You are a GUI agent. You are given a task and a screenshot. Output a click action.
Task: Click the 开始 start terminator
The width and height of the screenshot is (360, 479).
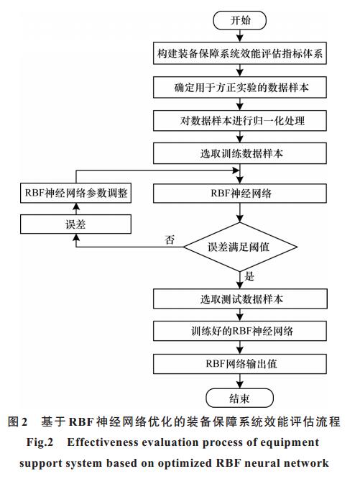point(240,20)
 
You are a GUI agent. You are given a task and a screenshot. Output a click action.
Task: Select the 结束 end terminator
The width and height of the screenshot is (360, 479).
point(240,398)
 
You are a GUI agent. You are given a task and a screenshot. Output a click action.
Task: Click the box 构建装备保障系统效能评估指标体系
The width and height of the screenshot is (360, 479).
point(240,53)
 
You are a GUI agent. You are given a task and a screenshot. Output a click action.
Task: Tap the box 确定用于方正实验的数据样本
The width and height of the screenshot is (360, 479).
point(240,87)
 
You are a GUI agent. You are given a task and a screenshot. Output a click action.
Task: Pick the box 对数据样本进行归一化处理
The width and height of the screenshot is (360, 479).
point(240,121)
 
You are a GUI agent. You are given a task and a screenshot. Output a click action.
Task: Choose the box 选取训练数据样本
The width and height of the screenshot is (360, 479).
point(240,153)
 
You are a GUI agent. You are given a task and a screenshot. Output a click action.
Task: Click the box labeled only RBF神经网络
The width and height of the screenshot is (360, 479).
point(240,193)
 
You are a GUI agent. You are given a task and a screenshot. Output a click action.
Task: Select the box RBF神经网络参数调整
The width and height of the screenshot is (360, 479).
point(75,193)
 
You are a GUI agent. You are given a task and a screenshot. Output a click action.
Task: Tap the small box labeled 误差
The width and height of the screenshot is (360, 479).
point(75,224)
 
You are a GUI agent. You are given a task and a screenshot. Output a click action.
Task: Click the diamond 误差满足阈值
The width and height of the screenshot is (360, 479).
point(240,247)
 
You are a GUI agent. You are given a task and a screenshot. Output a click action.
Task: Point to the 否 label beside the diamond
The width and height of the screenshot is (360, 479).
point(170,240)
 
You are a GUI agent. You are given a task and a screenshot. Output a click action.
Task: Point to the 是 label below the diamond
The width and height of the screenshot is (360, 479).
point(249,276)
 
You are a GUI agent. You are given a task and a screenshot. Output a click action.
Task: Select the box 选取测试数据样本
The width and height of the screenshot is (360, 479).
point(240,298)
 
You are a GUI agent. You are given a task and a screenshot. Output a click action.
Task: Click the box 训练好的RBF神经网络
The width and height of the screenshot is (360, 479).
point(240,331)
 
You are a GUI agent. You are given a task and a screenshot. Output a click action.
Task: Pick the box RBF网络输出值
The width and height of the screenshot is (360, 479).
point(240,364)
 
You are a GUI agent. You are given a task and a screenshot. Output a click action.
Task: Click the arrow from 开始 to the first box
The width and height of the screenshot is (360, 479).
point(240,36)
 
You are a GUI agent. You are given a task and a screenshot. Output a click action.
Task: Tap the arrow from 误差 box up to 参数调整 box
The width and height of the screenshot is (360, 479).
point(76,209)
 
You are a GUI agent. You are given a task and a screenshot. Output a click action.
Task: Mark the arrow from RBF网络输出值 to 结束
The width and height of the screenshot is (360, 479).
point(240,381)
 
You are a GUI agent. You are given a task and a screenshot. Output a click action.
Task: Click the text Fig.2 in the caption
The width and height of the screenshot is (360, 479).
point(40,442)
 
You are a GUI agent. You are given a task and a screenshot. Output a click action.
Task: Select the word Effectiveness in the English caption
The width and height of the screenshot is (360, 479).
point(103,442)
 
